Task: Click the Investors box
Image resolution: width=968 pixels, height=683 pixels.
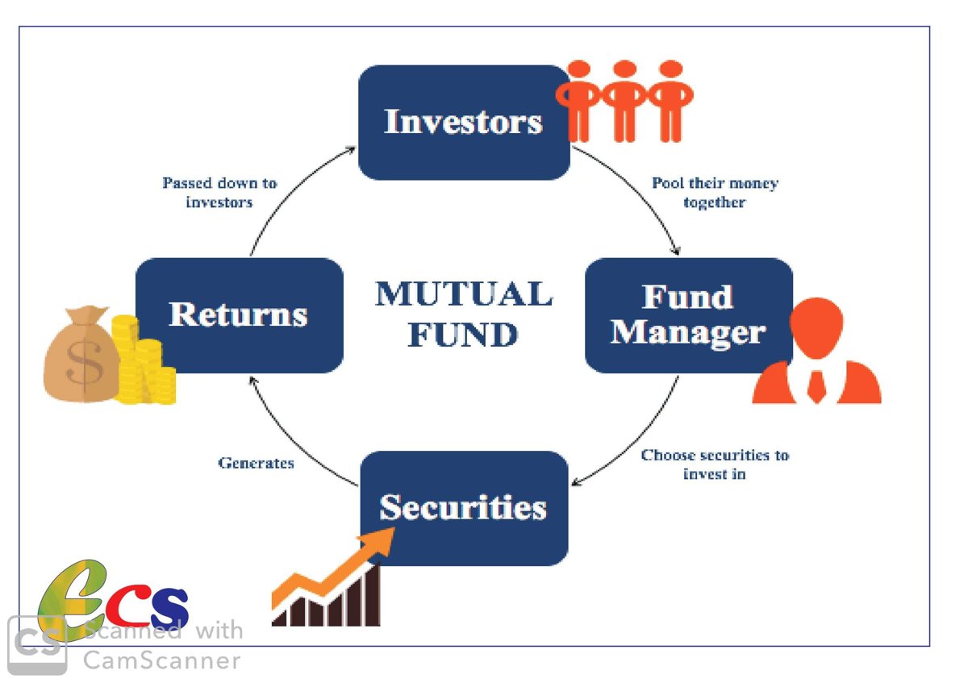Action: [x=465, y=123]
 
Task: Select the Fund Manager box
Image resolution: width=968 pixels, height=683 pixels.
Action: [x=690, y=315]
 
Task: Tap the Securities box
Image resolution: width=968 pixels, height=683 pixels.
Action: [x=465, y=509]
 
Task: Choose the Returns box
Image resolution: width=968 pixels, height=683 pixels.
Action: [x=240, y=315]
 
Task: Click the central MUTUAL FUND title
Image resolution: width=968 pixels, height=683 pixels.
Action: [x=464, y=314]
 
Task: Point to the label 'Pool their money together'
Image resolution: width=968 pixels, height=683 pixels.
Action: [x=716, y=193]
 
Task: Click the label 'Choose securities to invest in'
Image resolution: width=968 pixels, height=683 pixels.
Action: [x=716, y=464]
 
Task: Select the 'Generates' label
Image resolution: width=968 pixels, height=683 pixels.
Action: [x=257, y=463]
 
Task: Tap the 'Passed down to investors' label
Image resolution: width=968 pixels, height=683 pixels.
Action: [x=219, y=193]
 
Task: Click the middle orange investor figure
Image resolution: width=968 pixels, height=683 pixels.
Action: [x=624, y=101]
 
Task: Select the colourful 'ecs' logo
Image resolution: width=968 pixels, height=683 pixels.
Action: [x=113, y=600]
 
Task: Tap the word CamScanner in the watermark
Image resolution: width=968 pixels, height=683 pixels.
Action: [x=161, y=660]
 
